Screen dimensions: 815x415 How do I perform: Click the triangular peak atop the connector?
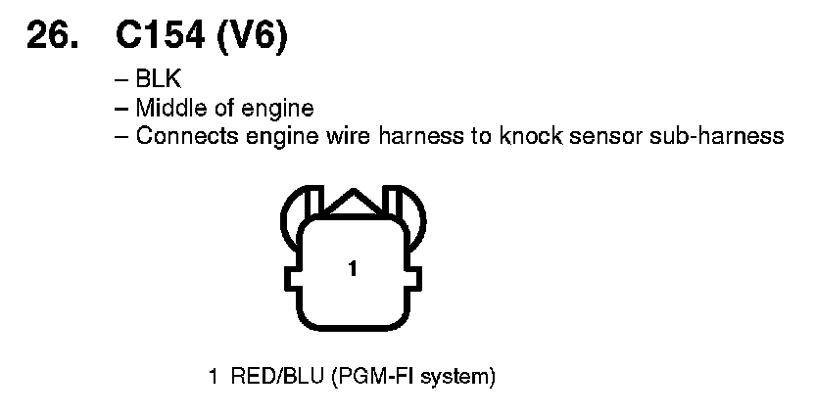point(352,201)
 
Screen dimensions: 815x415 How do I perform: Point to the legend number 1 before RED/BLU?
point(213,376)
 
